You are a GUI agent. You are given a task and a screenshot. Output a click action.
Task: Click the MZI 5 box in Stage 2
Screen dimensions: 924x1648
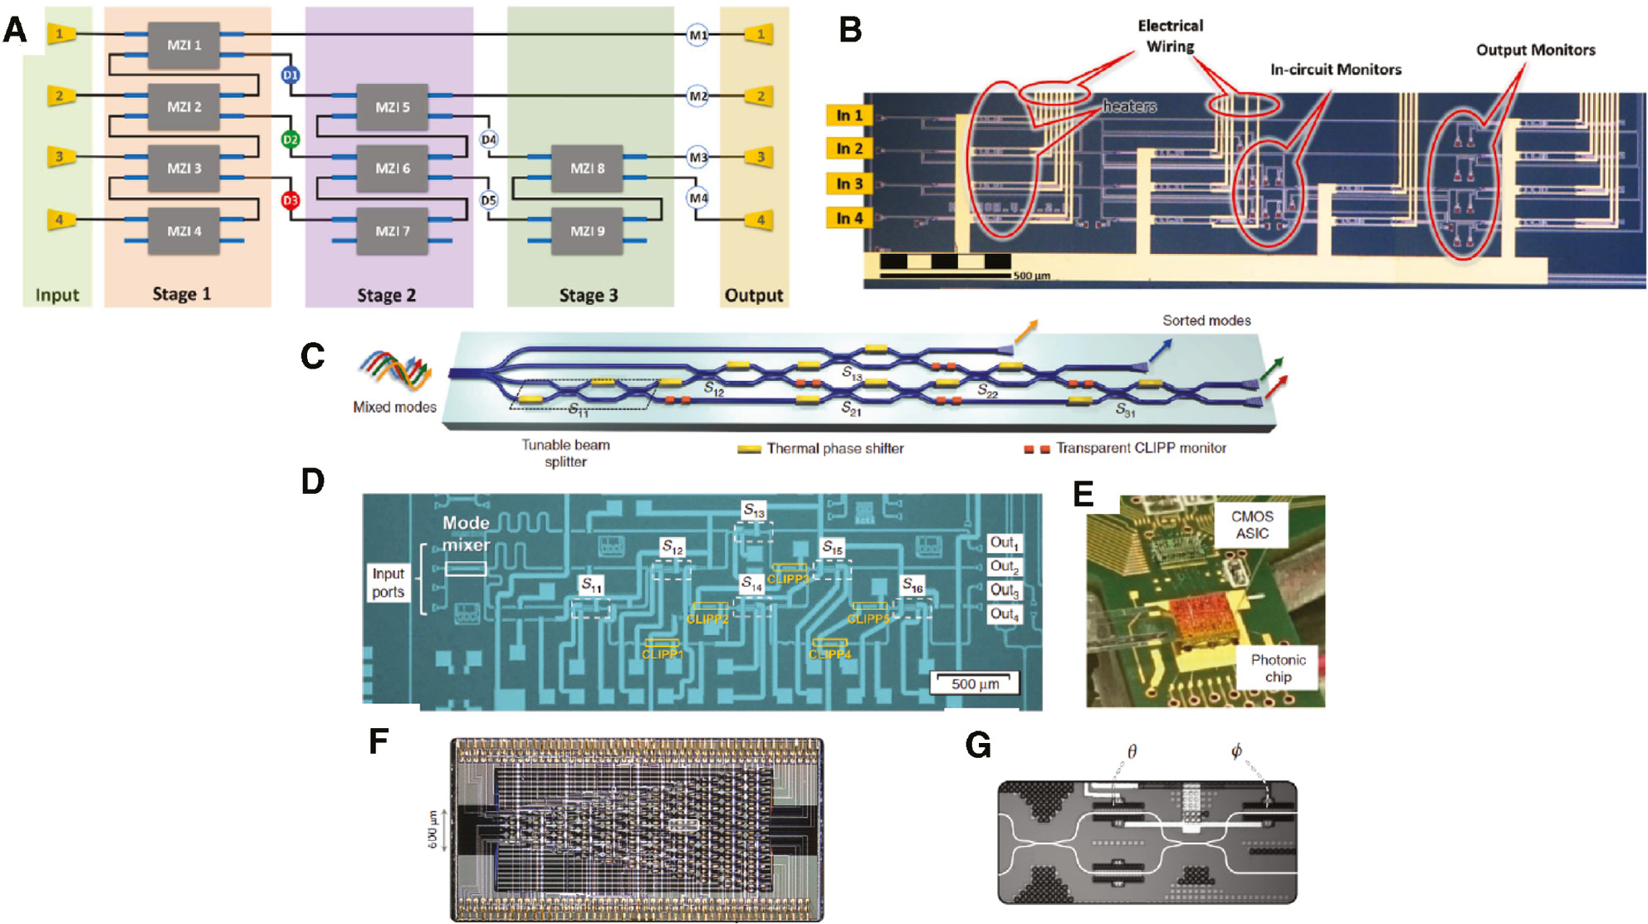click(392, 107)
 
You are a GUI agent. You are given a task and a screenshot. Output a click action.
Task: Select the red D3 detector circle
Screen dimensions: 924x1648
click(290, 200)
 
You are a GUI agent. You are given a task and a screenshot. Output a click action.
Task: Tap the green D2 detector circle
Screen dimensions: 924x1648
click(290, 139)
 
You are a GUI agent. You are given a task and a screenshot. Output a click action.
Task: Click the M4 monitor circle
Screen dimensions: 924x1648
click(697, 198)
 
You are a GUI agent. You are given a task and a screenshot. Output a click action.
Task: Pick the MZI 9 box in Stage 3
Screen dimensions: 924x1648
click(587, 231)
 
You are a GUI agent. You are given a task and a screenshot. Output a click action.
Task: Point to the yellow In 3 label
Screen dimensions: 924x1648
click(848, 183)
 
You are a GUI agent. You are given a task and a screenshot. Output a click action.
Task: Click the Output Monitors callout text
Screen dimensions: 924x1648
click(1535, 50)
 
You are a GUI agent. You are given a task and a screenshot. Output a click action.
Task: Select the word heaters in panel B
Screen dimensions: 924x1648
click(1129, 106)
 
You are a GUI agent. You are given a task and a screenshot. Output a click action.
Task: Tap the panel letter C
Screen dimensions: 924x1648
click(313, 356)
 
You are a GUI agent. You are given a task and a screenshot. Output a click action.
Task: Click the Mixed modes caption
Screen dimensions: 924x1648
click(394, 407)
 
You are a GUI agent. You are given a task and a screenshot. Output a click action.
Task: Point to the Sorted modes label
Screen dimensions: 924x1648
click(1205, 320)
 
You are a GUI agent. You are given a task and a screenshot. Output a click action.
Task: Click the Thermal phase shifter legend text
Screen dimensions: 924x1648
click(834, 448)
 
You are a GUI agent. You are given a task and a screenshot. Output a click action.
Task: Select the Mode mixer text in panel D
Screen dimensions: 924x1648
click(466, 534)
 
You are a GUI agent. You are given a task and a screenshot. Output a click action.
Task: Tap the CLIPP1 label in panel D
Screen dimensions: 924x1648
click(662, 654)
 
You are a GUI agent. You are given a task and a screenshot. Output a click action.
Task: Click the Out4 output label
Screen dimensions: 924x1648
click(1004, 614)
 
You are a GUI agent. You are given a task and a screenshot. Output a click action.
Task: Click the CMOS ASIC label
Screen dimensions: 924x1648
click(1252, 525)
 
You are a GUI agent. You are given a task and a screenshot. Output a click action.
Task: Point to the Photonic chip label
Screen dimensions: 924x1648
click(1278, 668)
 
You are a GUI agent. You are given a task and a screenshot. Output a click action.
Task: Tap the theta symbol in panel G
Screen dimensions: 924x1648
click(1132, 752)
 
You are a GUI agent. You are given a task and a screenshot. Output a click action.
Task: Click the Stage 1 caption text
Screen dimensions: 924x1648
click(182, 294)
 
